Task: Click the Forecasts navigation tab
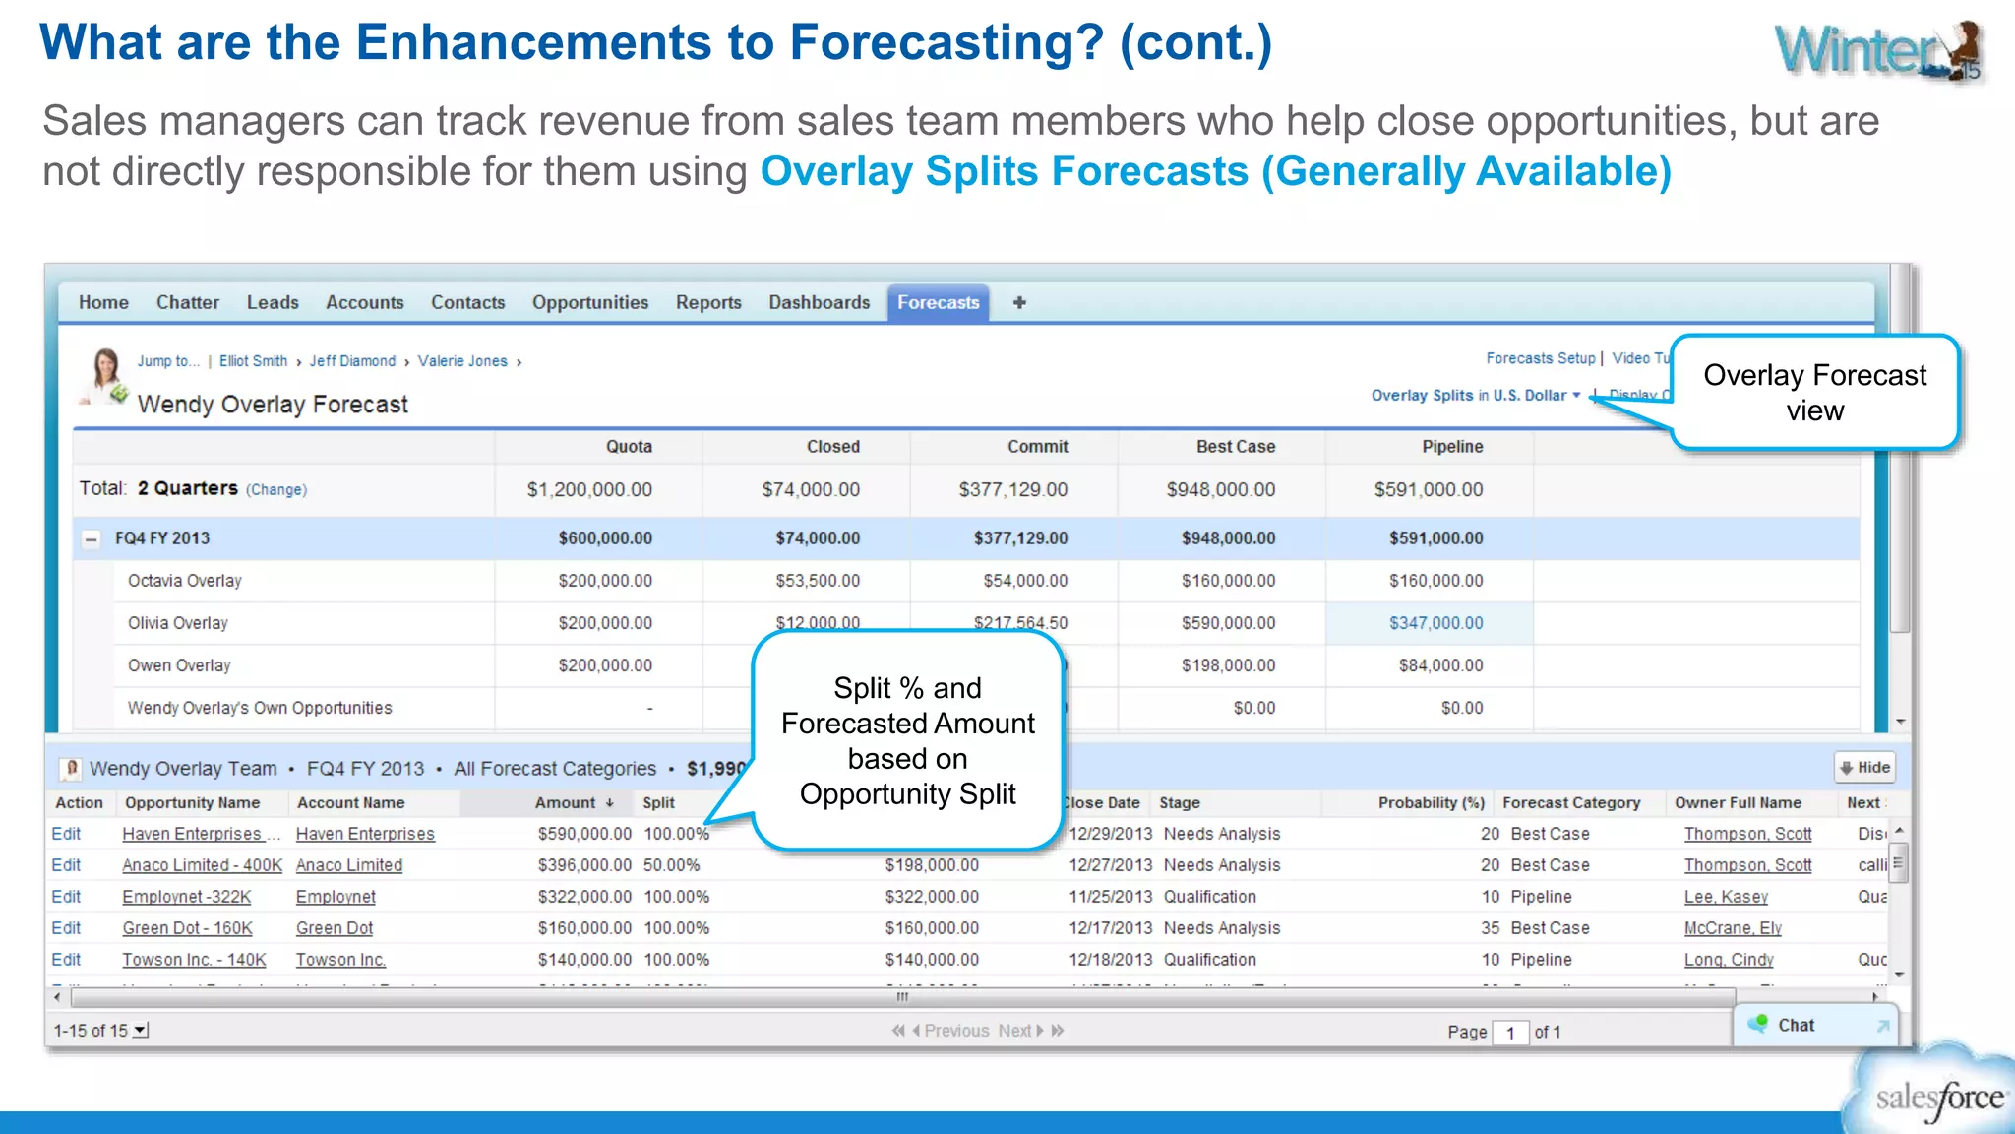coord(938,303)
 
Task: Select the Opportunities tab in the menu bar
coord(590,303)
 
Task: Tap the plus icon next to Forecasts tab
coord(1019,303)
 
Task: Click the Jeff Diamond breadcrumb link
coord(352,361)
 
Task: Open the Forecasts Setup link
coord(1540,358)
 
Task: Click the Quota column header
coord(629,447)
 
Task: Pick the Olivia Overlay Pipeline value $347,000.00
coord(1435,623)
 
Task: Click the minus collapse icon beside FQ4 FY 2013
coord(92,539)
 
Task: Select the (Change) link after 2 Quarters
coord(276,490)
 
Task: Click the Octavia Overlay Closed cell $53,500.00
coord(817,581)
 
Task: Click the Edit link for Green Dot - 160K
coord(66,928)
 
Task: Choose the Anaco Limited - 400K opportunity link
coord(202,865)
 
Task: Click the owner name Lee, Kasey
coord(1726,897)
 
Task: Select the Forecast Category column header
coord(1571,803)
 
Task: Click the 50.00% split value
coord(672,865)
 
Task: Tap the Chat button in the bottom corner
coord(1796,1026)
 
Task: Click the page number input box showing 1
coord(1510,1033)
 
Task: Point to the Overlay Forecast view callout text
coord(1814,393)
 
